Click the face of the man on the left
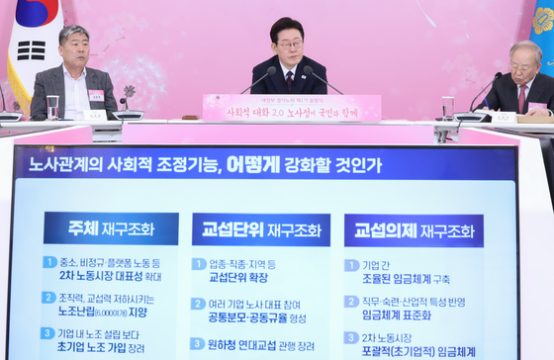tap(75, 49)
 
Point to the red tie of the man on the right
tap(522, 97)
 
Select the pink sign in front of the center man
tap(292, 107)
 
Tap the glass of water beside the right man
tap(449, 106)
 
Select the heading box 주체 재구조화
tap(110, 228)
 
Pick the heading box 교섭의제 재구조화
tap(414, 230)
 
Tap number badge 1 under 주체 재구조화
tap(49, 262)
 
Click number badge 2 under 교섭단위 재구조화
tap(198, 304)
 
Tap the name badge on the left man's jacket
tap(96, 95)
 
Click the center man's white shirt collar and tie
tap(289, 75)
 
